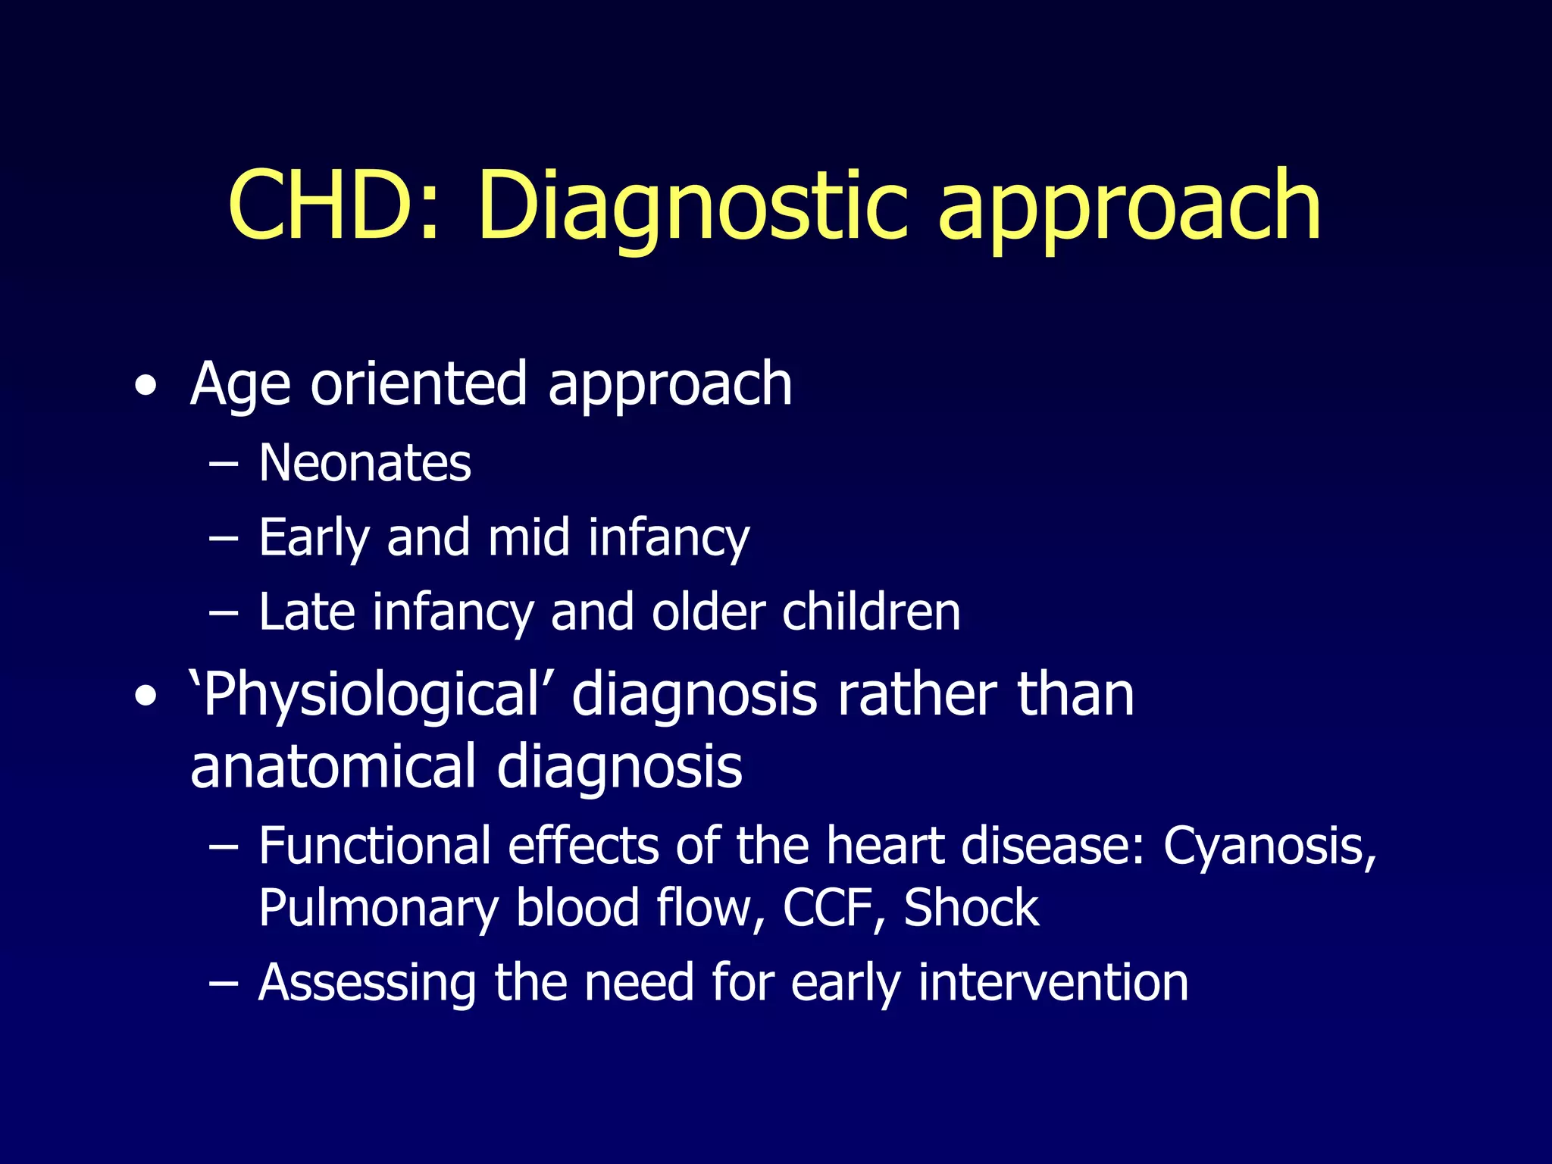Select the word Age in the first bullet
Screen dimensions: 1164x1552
pos(240,384)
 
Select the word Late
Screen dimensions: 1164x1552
pos(306,612)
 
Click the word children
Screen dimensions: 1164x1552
pos(871,612)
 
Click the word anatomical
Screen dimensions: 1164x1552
pos(333,767)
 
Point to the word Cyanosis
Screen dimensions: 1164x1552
pos(1269,846)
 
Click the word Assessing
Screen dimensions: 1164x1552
pos(367,983)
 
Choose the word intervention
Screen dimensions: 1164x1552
pos(1053,982)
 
